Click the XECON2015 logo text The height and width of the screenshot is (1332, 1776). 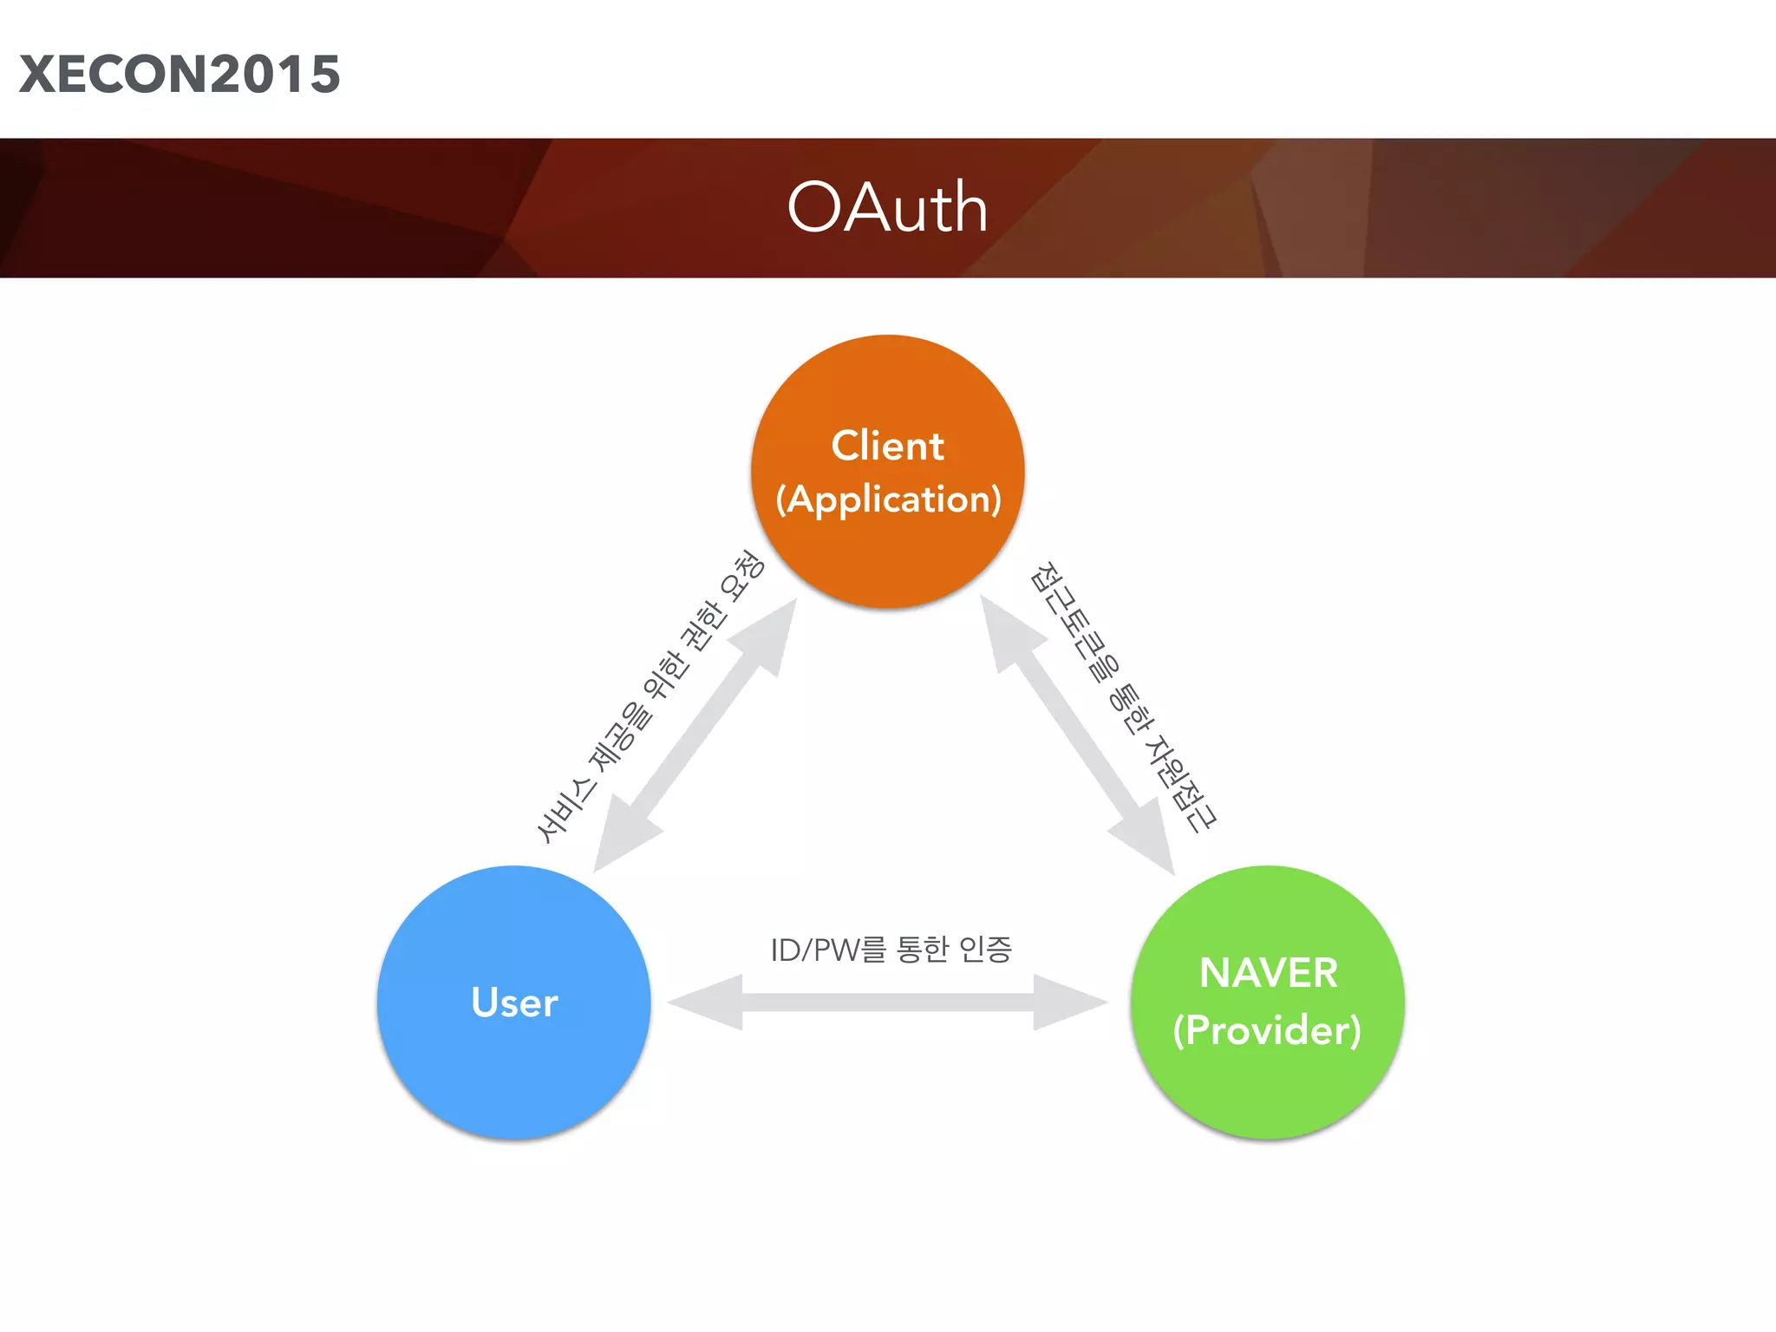pos(180,75)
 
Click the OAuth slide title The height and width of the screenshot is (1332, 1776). pos(887,208)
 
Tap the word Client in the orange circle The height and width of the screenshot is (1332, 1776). pos(887,446)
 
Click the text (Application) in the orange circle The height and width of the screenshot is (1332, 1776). pos(888,499)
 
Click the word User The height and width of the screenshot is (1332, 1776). pos(514,1002)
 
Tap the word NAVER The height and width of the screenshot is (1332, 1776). pos(1268,973)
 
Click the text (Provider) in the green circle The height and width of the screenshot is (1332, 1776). pos(1267,1030)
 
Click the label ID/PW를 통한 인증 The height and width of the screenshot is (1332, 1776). pos(891,950)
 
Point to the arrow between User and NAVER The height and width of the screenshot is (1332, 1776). pos(888,1002)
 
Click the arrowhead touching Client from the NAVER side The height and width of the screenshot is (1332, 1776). pos(1008,633)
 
